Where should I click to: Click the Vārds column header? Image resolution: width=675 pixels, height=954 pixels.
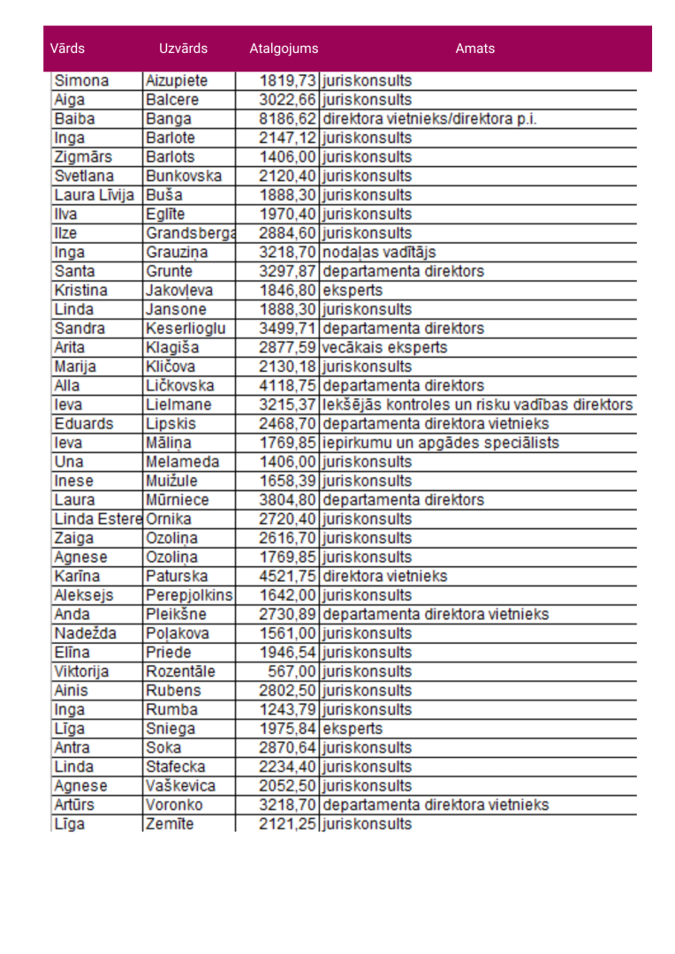(x=67, y=49)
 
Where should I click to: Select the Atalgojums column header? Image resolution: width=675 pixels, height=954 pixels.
(x=284, y=49)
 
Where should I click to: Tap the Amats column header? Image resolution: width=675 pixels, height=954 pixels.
(x=474, y=49)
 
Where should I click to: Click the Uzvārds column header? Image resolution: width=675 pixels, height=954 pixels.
(x=183, y=49)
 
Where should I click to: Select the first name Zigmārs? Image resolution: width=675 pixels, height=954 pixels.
(x=83, y=157)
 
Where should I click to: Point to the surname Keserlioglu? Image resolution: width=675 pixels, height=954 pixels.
(x=186, y=329)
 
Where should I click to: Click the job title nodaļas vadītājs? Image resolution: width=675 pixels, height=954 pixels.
(x=379, y=253)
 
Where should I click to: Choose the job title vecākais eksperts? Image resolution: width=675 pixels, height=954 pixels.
(x=384, y=348)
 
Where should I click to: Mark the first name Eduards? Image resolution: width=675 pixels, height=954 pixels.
(x=84, y=424)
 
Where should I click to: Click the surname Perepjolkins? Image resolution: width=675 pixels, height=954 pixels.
(x=189, y=595)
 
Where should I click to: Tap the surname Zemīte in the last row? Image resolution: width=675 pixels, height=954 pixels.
(x=170, y=824)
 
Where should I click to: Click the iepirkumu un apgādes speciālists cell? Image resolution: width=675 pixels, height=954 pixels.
(x=440, y=443)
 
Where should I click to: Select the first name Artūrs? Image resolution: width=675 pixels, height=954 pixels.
(x=74, y=805)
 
